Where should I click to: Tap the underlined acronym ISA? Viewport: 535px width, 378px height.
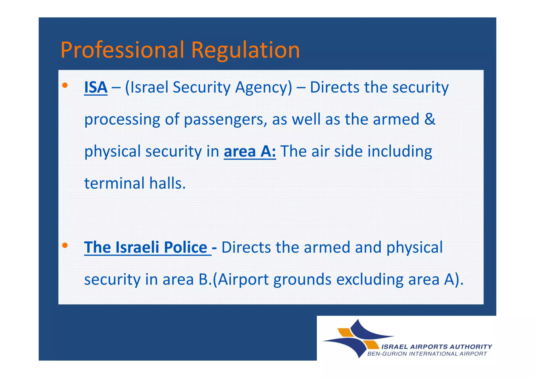96,87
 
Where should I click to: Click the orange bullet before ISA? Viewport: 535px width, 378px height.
65,85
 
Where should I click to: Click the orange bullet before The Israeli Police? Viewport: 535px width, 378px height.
65,245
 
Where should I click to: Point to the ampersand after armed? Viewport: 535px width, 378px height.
429,119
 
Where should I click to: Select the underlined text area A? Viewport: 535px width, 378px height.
250,152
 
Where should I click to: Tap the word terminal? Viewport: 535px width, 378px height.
114,183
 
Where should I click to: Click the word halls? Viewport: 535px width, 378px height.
167,183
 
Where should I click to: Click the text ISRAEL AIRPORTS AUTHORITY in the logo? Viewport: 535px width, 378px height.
437,347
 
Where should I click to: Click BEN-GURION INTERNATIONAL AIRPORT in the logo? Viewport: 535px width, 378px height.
427,354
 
